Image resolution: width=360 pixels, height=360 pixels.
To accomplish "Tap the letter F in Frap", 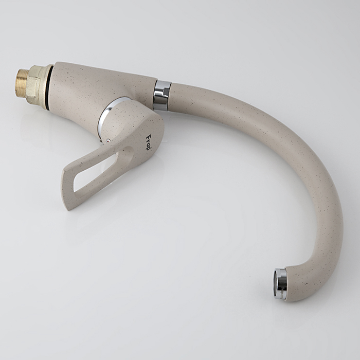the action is [x=149, y=136].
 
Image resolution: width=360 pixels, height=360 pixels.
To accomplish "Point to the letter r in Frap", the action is [x=148, y=140].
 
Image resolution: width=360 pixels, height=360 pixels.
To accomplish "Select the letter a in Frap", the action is [x=148, y=143].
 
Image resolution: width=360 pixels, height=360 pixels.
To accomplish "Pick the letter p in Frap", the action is [x=148, y=148].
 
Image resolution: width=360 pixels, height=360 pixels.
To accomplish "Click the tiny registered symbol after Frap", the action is [x=150, y=150].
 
